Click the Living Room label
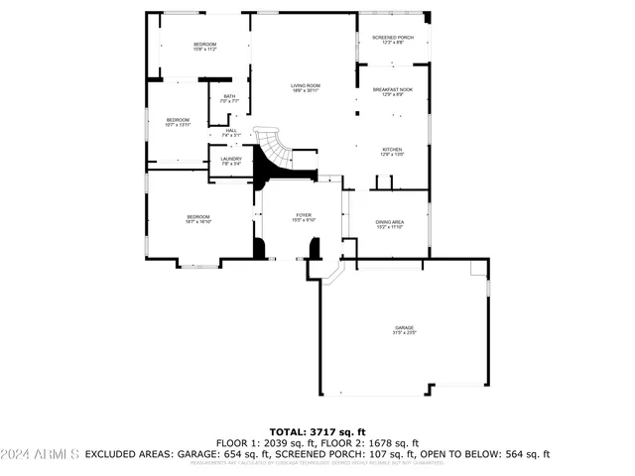305,88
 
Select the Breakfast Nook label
393,92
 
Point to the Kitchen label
392,152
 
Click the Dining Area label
389,224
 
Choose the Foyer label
304,217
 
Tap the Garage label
404,330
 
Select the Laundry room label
231,161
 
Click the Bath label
229,98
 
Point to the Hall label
231,132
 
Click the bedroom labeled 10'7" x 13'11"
177,122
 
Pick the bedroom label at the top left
204,47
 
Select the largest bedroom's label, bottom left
197,219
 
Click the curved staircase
272,154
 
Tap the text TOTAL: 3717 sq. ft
317,432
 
